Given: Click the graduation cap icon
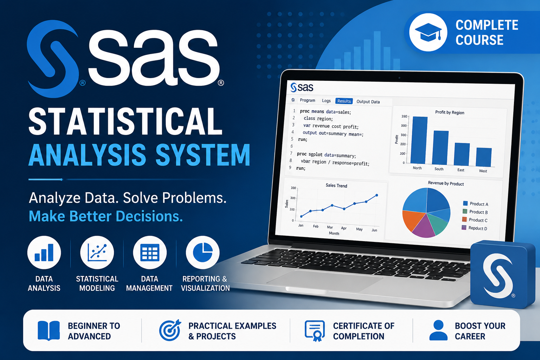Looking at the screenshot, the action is [428, 32].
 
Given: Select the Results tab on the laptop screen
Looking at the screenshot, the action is [344, 101].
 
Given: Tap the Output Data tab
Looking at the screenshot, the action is [368, 102].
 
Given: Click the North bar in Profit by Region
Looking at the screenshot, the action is [419, 140].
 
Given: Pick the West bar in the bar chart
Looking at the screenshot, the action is [484, 157].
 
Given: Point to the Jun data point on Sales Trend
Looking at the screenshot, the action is [377, 195].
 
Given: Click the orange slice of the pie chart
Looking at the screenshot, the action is [413, 220].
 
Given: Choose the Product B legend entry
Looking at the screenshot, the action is [475, 212].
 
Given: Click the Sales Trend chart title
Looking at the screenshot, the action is [336, 185].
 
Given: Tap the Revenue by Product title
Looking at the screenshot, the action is [446, 183].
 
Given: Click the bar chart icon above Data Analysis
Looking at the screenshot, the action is [44, 252].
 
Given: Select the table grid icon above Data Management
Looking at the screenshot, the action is [150, 252].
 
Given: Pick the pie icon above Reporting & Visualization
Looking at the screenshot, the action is [203, 252].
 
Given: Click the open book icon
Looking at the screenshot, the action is [49, 330].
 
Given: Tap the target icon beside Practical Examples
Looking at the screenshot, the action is [170, 330].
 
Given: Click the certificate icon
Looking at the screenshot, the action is [315, 330].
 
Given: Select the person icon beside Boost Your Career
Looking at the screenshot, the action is [438, 330].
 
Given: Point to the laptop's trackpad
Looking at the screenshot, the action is [324, 281].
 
